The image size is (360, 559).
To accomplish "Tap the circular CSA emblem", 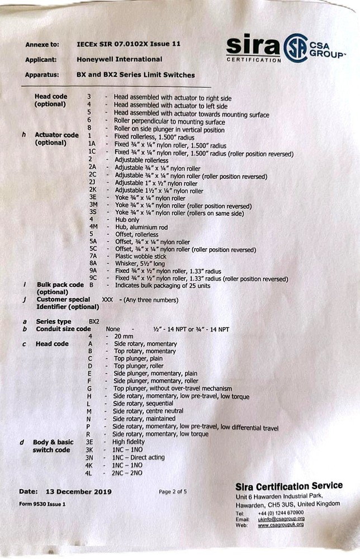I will pyautogui.click(x=295, y=48).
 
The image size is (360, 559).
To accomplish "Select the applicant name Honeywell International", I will pyautogui.click(x=119, y=59).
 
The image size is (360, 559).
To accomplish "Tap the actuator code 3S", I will pyautogui.click(x=92, y=212).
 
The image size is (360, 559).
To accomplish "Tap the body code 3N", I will pyautogui.click(x=89, y=457).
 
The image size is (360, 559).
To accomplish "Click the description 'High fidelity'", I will pyautogui.click(x=129, y=441).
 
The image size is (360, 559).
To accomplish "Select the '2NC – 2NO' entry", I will pyautogui.click(x=127, y=473).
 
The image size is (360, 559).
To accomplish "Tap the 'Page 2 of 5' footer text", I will pyautogui.click(x=173, y=492).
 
